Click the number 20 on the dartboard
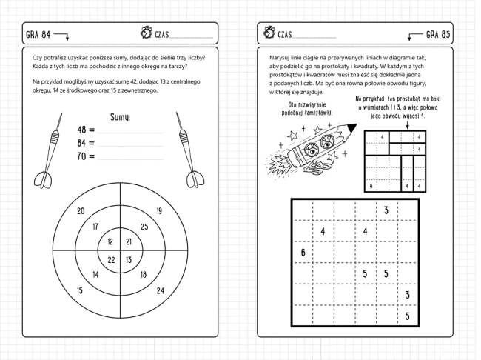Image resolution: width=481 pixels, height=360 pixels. click(81, 210)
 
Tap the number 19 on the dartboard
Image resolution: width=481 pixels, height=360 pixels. click(159, 210)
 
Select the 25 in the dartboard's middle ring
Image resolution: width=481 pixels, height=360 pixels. click(144, 227)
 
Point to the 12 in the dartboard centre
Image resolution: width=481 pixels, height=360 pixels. click(111, 242)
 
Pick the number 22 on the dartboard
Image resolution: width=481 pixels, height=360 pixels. click(111, 259)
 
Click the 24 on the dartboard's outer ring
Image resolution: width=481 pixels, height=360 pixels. click(161, 290)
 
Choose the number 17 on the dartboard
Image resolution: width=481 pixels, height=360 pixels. click(95, 227)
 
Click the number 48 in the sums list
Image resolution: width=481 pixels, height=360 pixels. click(82, 130)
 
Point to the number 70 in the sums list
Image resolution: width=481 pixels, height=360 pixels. click(82, 156)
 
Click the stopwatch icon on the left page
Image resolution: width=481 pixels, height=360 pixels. click(144, 33)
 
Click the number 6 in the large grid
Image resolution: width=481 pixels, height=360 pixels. click(303, 253)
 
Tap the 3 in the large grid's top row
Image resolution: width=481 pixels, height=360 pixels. click(386, 211)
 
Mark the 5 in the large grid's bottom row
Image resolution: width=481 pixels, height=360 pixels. click(407, 316)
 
